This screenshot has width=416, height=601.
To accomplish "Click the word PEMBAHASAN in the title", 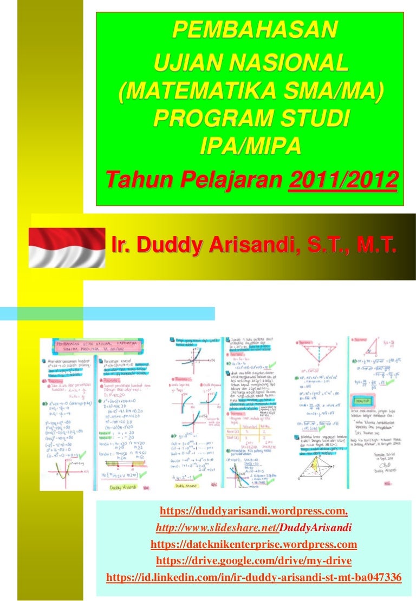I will pos(251,31).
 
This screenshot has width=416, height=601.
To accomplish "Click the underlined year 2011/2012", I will pos(342,179).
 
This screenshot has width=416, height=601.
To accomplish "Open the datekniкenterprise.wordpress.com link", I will pos(253,544).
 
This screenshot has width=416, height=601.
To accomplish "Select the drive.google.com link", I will pos(253,560).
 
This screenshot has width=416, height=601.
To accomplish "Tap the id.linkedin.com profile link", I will pos(253,578).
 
